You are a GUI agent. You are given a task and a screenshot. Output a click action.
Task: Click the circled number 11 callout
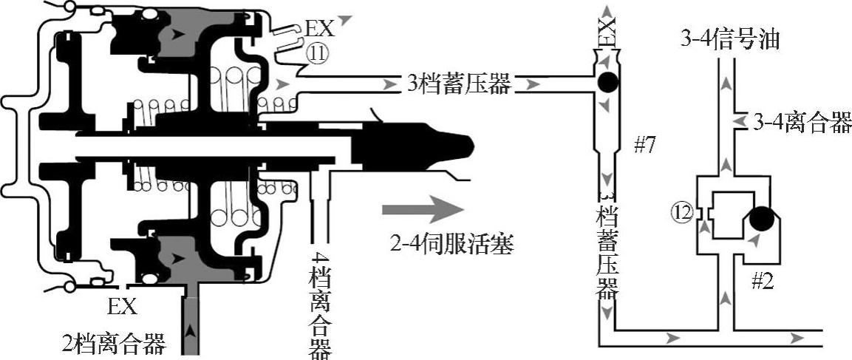tap(318, 55)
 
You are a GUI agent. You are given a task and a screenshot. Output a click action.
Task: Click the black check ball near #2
tap(761, 219)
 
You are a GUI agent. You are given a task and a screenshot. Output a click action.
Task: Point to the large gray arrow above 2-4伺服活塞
tap(418, 208)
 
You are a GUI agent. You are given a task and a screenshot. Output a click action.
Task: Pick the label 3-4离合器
tap(802, 122)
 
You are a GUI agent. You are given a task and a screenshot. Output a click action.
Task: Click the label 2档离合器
tap(114, 343)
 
